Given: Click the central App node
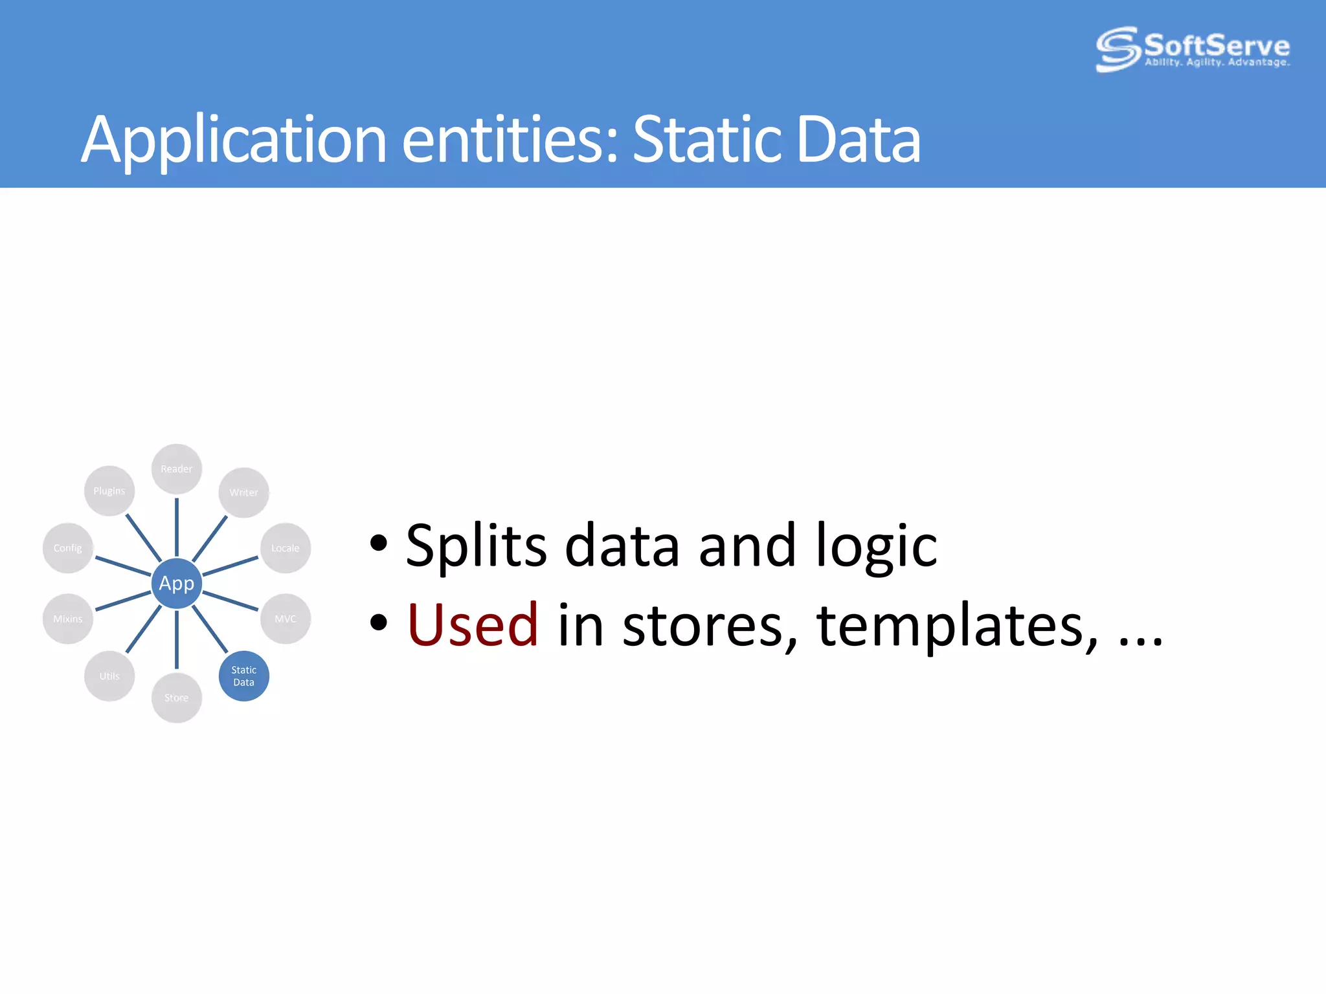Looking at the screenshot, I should click(x=176, y=583).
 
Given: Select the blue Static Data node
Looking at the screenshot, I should click(x=243, y=676).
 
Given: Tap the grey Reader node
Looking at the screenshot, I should click(x=176, y=469).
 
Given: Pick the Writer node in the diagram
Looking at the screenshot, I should click(x=243, y=492).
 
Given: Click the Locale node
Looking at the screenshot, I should click(x=285, y=547).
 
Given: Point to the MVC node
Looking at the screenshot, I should click(x=285, y=619).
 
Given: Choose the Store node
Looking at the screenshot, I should click(x=176, y=698).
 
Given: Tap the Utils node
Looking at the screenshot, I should click(x=109, y=676).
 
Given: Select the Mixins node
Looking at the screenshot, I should click(x=68, y=619).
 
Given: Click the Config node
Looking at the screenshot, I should click(x=68, y=547).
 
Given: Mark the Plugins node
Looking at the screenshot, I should click(x=109, y=491).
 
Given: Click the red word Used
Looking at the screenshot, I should click(x=473, y=625).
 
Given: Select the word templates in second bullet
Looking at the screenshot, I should click(x=957, y=626).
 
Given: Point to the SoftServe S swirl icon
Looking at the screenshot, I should click(x=1117, y=49).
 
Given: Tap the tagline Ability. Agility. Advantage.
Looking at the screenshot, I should click(x=1217, y=63).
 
